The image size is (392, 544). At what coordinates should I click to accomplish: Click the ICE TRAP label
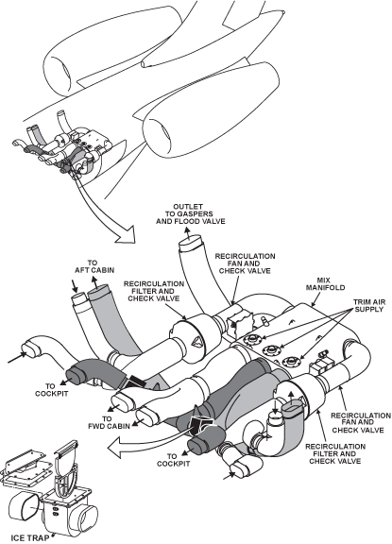pyautogui.click(x=30, y=537)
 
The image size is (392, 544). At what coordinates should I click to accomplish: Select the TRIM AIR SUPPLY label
pyautogui.click(x=368, y=305)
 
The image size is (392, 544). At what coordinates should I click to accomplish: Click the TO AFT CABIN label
pyautogui.click(x=94, y=266)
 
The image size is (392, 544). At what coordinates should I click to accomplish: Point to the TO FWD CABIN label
pyautogui.click(x=109, y=422)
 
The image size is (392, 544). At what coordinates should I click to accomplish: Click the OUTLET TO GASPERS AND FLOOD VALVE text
pyautogui.click(x=191, y=213)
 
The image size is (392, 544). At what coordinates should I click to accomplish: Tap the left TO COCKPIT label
pyautogui.click(x=51, y=390)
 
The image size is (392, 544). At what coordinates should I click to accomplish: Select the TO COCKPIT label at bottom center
pyautogui.click(x=173, y=460)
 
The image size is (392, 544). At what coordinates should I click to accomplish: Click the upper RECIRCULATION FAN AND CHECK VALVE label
pyautogui.click(x=245, y=263)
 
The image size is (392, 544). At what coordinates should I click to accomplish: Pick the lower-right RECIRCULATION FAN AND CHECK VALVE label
pyautogui.click(x=361, y=422)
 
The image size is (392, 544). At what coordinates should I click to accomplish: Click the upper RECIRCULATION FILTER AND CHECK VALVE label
pyautogui.click(x=154, y=291)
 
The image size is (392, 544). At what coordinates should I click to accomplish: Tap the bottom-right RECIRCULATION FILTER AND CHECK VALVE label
pyautogui.click(x=335, y=453)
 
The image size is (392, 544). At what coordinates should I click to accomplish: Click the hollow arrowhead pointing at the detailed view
pyautogui.click(x=128, y=235)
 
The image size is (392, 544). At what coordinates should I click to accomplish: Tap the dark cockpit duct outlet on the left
pyautogui.click(x=74, y=375)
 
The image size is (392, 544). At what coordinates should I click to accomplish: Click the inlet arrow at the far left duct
pyautogui.click(x=17, y=358)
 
